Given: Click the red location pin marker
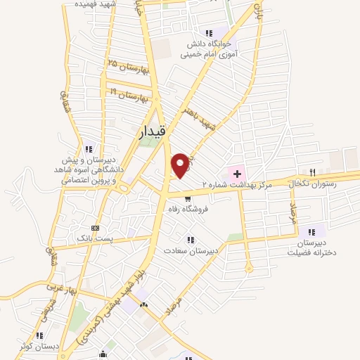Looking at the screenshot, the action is (181, 165).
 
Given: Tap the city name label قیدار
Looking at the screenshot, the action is (151, 131).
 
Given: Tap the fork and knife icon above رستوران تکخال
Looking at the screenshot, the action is (312, 172).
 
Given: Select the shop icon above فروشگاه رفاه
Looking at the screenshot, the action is (186, 199).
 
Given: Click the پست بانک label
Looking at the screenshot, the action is (96, 239).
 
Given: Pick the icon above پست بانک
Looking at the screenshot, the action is (96, 228).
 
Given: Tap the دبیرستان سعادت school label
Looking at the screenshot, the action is (191, 250).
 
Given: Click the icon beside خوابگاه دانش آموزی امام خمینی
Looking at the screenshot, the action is (207, 33).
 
